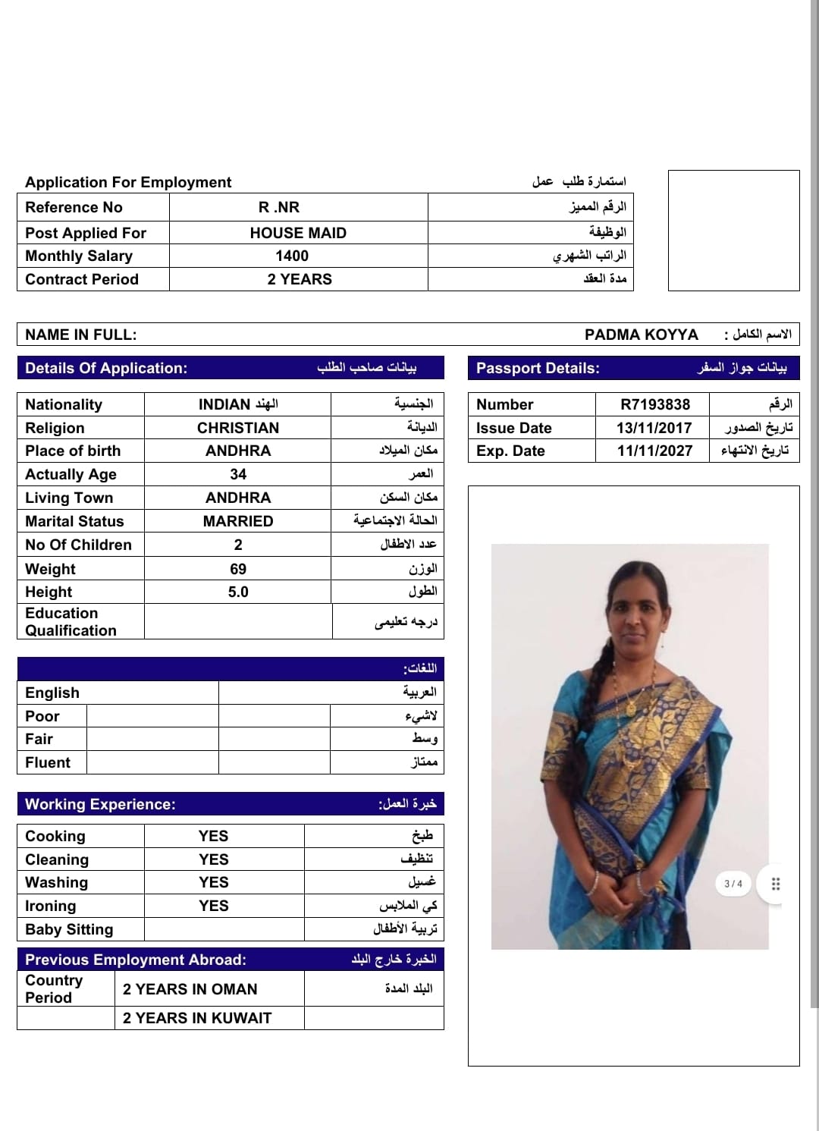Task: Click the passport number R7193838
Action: click(x=654, y=404)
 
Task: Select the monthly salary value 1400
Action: click(x=292, y=256)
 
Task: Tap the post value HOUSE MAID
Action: click(x=298, y=233)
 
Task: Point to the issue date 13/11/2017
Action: click(x=654, y=428)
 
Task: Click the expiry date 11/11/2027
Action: click(x=654, y=451)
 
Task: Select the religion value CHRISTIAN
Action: click(x=238, y=428)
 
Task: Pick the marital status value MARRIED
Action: click(x=238, y=521)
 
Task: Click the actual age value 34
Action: click(x=238, y=474)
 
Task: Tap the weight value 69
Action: click(x=238, y=569)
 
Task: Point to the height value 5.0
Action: click(x=238, y=592)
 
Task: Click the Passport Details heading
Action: click(x=538, y=368)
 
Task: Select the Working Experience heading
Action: click(x=100, y=804)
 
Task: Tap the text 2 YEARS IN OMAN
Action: click(x=190, y=989)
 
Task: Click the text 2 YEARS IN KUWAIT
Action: click(x=197, y=1018)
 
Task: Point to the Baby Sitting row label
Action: click(x=69, y=929)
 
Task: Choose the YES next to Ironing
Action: click(x=213, y=906)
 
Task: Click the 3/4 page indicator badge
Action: click(x=733, y=884)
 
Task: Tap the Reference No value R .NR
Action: click(x=279, y=208)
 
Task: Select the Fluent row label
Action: click(x=48, y=762)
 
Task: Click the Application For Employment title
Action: click(x=128, y=182)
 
